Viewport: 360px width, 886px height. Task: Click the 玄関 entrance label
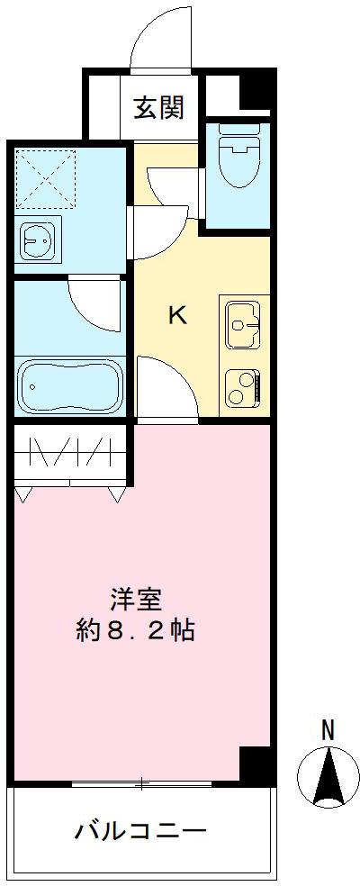coord(160,107)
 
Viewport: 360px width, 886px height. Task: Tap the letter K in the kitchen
coord(178,316)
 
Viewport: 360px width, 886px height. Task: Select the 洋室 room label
coord(137,599)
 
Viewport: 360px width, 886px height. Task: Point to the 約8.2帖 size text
coord(135,629)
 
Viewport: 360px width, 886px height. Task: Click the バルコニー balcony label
coord(140,829)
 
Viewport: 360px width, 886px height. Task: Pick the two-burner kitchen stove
coord(244,386)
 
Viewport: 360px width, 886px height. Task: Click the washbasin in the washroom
coord(40,240)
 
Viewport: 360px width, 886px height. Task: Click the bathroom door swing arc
coord(93,305)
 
